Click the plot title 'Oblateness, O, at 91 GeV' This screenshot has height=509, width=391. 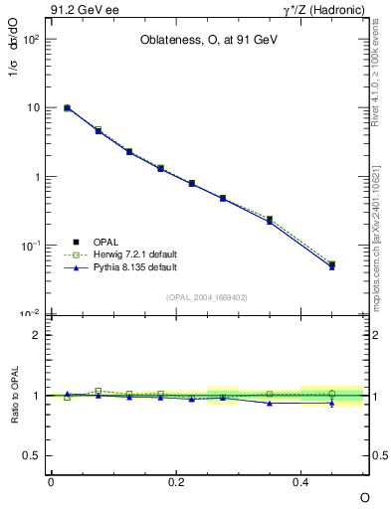207,43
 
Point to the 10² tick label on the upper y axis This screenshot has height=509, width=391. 30,39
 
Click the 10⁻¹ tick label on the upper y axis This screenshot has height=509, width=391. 30,246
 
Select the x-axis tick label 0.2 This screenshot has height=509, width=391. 176,481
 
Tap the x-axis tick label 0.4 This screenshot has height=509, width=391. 301,481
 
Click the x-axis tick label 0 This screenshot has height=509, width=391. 51,481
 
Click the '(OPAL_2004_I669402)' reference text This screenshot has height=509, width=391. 207,297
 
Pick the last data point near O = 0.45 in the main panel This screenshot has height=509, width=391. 332,265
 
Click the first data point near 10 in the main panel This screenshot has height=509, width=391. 67,107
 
